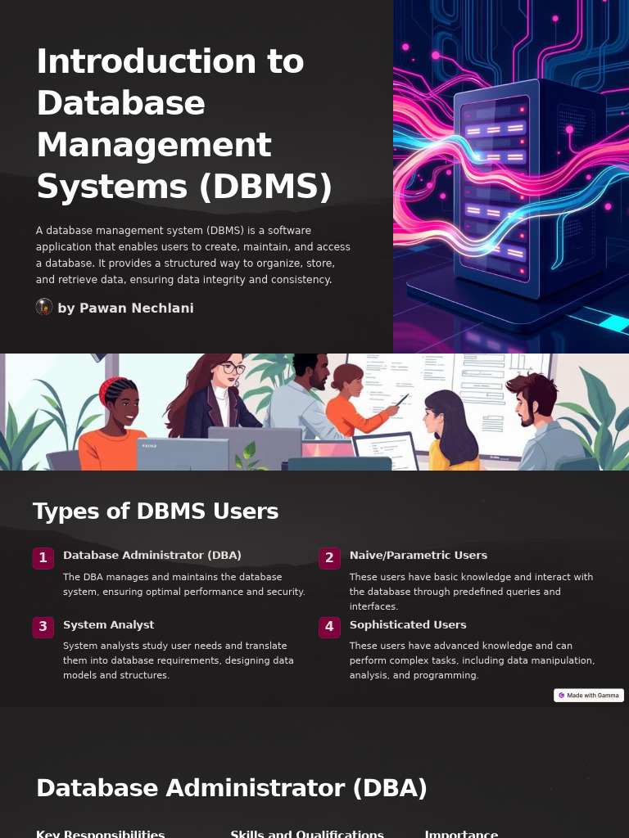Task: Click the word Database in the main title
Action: [120, 103]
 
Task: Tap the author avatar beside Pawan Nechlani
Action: [44, 307]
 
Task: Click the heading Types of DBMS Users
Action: [156, 511]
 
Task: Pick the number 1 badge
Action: [43, 558]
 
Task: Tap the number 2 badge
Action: [329, 558]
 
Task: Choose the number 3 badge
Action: [43, 627]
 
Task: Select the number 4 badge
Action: [329, 627]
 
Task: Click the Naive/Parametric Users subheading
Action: [418, 556]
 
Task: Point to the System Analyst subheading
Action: [108, 625]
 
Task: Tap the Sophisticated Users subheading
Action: [408, 625]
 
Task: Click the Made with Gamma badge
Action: [589, 696]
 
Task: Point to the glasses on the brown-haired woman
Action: [233, 369]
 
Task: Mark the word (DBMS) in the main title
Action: [266, 187]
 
